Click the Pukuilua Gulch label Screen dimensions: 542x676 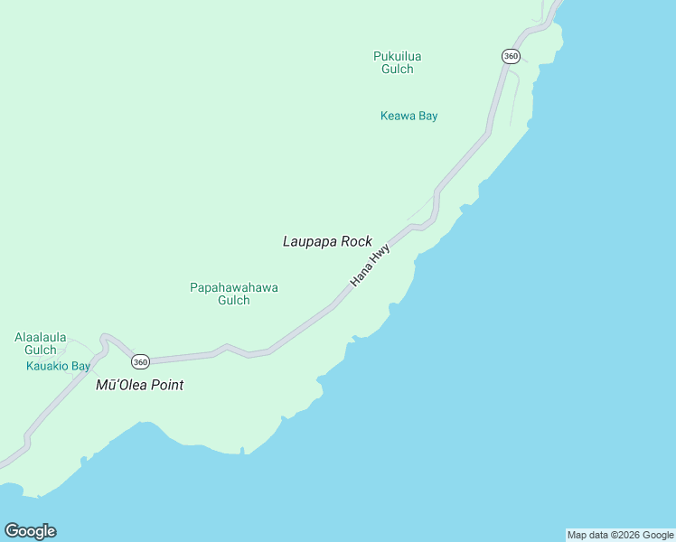pos(397,62)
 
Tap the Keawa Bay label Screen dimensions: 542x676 pos(408,116)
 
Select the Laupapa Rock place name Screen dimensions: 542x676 pos(327,241)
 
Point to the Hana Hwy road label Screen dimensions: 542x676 pos(370,266)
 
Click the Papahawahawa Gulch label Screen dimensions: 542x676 pos(233,294)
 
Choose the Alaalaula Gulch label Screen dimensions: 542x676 pos(40,343)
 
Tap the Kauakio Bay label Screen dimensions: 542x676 pos(58,366)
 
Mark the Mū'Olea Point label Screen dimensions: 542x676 pos(139,385)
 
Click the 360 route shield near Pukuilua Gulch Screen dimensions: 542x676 pos(511,56)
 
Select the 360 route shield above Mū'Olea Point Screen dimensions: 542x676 pos(139,361)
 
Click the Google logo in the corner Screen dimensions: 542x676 pos(30,531)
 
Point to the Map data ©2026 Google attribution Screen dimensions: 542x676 pos(620,535)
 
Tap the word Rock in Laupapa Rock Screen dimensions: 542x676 pos(356,241)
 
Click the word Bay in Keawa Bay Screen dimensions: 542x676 pos(427,116)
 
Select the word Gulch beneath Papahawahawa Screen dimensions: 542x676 pos(233,301)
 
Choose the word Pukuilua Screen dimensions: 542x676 pos(397,56)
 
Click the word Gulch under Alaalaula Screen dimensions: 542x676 pos(40,350)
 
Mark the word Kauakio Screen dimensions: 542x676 pos(47,366)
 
